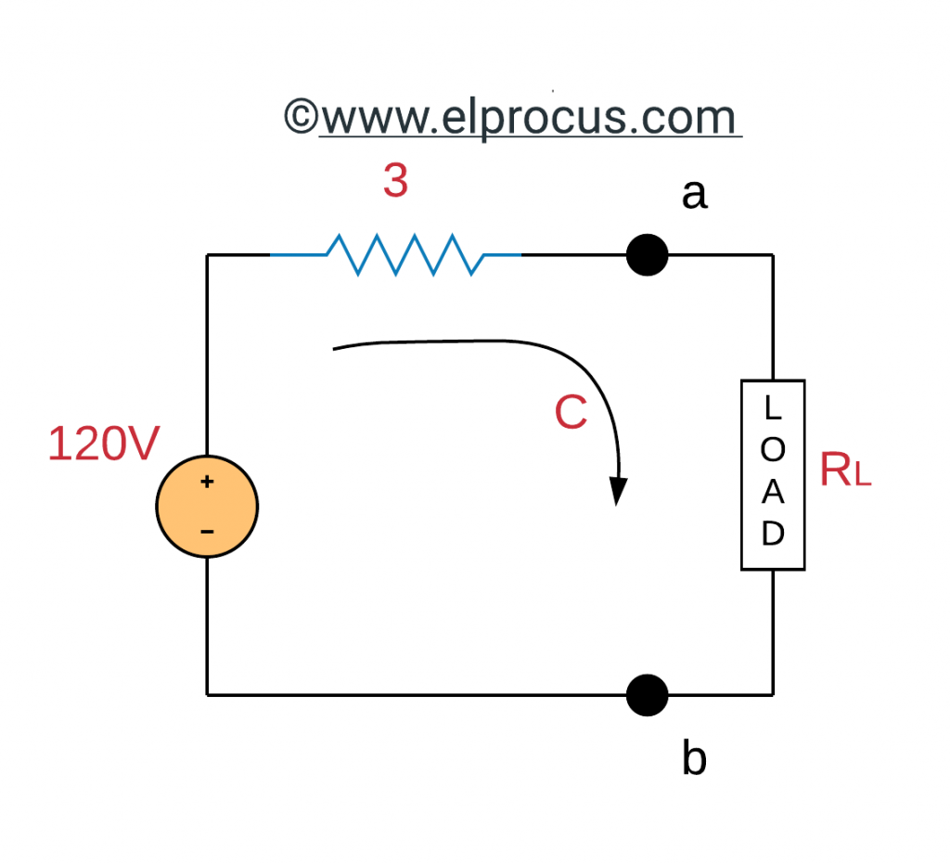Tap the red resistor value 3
(x=395, y=182)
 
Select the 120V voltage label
(x=104, y=444)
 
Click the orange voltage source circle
(x=207, y=508)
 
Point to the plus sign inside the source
(x=207, y=483)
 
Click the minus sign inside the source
(x=207, y=532)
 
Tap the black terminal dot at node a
(x=647, y=254)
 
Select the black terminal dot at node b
(x=647, y=694)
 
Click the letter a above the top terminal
(x=694, y=195)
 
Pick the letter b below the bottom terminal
(x=694, y=758)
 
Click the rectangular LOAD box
(x=772, y=474)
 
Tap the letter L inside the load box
(x=773, y=407)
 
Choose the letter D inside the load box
(x=773, y=535)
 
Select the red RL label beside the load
(x=844, y=472)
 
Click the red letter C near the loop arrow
(x=571, y=413)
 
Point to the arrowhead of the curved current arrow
(x=617, y=492)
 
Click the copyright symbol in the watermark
(x=302, y=118)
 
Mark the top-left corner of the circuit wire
(x=207, y=254)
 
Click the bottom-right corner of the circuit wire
(x=772, y=694)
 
